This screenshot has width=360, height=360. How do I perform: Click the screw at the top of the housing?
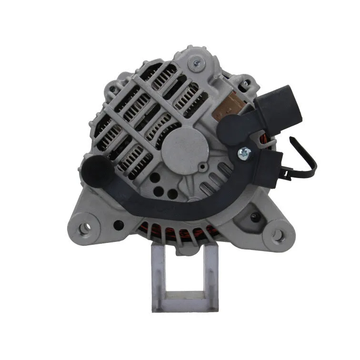[x=196, y=63]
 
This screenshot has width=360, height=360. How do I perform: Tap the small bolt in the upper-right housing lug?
[x=246, y=85]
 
